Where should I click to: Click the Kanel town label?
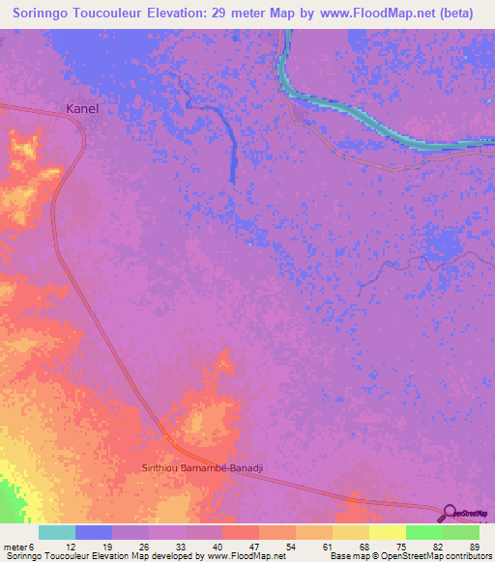82,109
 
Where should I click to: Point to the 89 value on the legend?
475,548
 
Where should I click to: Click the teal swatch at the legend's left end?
57,532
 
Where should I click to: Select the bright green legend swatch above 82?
423,532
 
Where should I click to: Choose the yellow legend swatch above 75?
387,532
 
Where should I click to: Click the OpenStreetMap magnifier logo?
451,513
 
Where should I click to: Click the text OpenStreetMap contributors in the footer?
438,556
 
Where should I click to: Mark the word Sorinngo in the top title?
45,13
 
